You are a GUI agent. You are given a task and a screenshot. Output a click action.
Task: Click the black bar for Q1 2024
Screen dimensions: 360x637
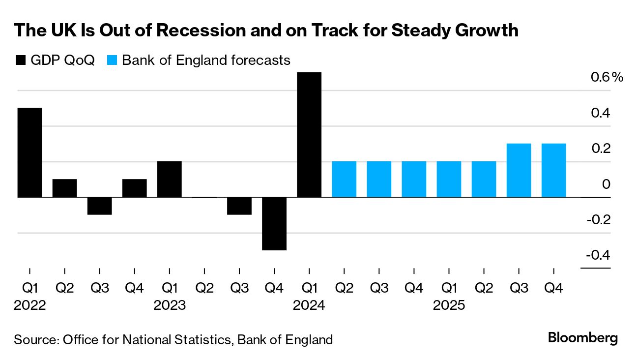coord(309,135)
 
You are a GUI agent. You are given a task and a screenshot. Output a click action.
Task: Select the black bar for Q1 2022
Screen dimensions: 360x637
coord(30,152)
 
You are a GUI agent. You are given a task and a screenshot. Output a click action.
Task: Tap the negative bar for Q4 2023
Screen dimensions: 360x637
coord(274,224)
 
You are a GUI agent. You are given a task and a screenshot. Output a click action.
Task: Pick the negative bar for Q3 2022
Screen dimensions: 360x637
coord(100,206)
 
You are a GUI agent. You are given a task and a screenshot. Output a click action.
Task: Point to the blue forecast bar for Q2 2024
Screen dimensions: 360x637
coord(344,180)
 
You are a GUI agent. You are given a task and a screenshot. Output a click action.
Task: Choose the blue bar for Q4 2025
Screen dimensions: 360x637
coord(553,171)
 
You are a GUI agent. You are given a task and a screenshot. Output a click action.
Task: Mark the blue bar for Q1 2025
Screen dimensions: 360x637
coord(449,180)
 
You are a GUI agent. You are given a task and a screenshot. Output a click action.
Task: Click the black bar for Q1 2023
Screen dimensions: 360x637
coord(170,180)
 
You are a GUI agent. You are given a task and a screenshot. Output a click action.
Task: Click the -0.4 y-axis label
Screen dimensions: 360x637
coord(598,255)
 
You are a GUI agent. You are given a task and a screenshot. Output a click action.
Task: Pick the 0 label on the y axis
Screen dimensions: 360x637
coord(606,184)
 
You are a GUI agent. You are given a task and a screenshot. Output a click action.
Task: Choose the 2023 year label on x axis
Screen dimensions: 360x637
coord(170,305)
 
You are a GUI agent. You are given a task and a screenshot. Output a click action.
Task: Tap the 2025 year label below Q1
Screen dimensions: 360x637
coord(449,305)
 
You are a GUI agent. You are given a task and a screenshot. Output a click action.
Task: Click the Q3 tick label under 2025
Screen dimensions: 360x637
coord(519,288)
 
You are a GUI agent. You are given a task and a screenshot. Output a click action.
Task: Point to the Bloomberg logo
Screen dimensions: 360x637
coord(582,338)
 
